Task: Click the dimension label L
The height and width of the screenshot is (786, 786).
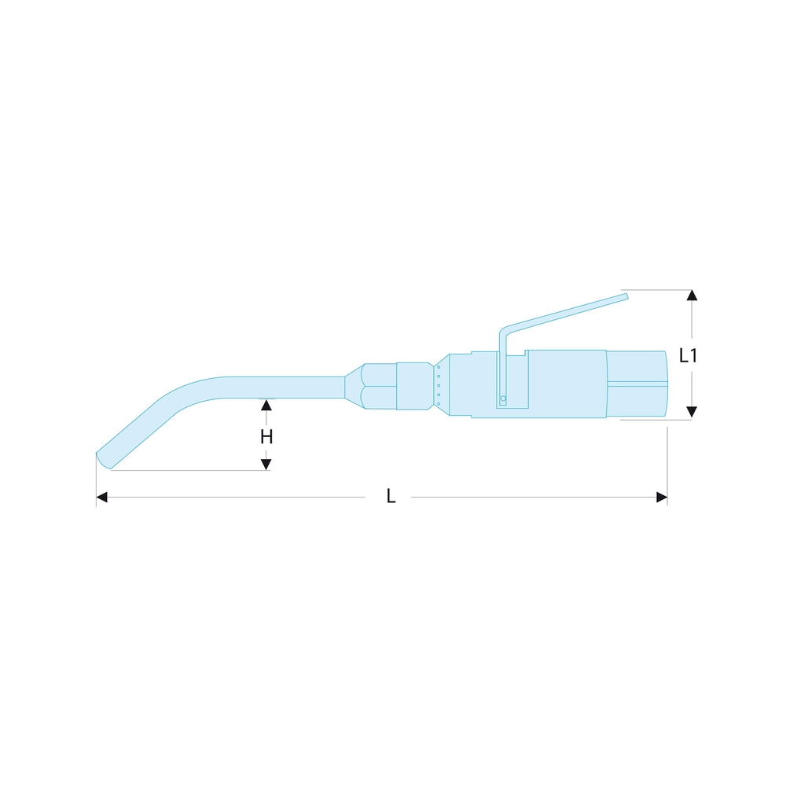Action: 391,496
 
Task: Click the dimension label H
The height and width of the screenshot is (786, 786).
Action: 266,437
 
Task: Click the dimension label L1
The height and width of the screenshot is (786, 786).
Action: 689,355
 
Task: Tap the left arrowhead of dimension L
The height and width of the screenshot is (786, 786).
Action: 101,498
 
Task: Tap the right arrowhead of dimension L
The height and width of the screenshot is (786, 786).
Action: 662,498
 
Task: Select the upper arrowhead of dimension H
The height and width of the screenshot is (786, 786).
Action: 266,405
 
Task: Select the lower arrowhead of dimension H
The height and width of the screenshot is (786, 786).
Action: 266,465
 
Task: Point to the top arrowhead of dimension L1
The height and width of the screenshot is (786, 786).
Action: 692,296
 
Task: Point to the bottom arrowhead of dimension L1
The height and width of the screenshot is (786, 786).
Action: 692,412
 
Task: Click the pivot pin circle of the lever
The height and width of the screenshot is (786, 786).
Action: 503,399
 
